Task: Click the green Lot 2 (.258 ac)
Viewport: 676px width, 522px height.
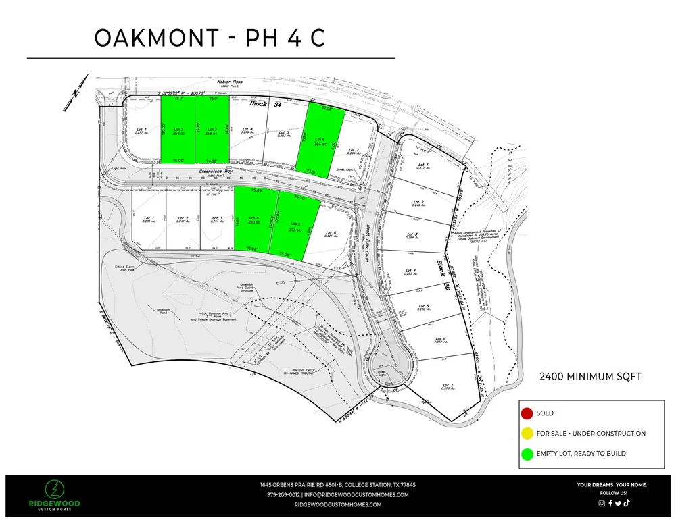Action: point(178,130)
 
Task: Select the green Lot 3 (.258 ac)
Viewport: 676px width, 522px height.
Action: point(212,130)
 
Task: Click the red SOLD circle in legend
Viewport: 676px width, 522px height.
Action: point(526,413)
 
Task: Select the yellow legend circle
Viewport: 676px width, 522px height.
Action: point(526,433)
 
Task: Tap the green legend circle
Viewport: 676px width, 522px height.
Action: point(526,453)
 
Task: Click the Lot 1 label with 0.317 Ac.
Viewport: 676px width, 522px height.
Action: point(423,166)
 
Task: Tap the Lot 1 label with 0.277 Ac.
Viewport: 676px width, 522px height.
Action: point(141,130)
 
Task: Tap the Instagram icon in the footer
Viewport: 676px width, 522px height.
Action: point(602,503)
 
